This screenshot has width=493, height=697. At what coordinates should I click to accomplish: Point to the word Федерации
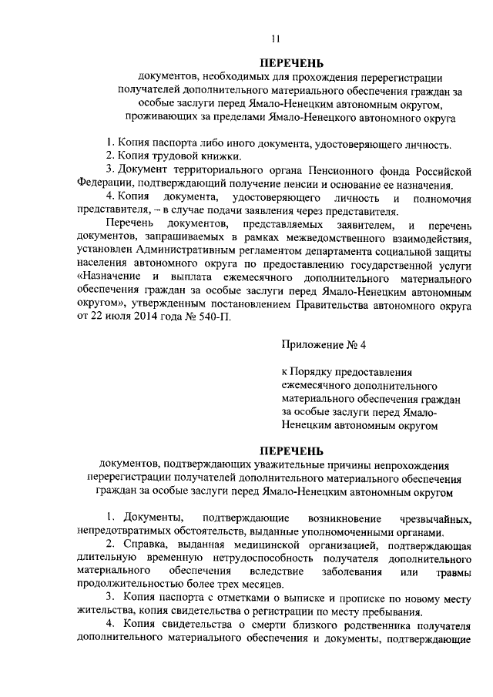pos(103,183)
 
